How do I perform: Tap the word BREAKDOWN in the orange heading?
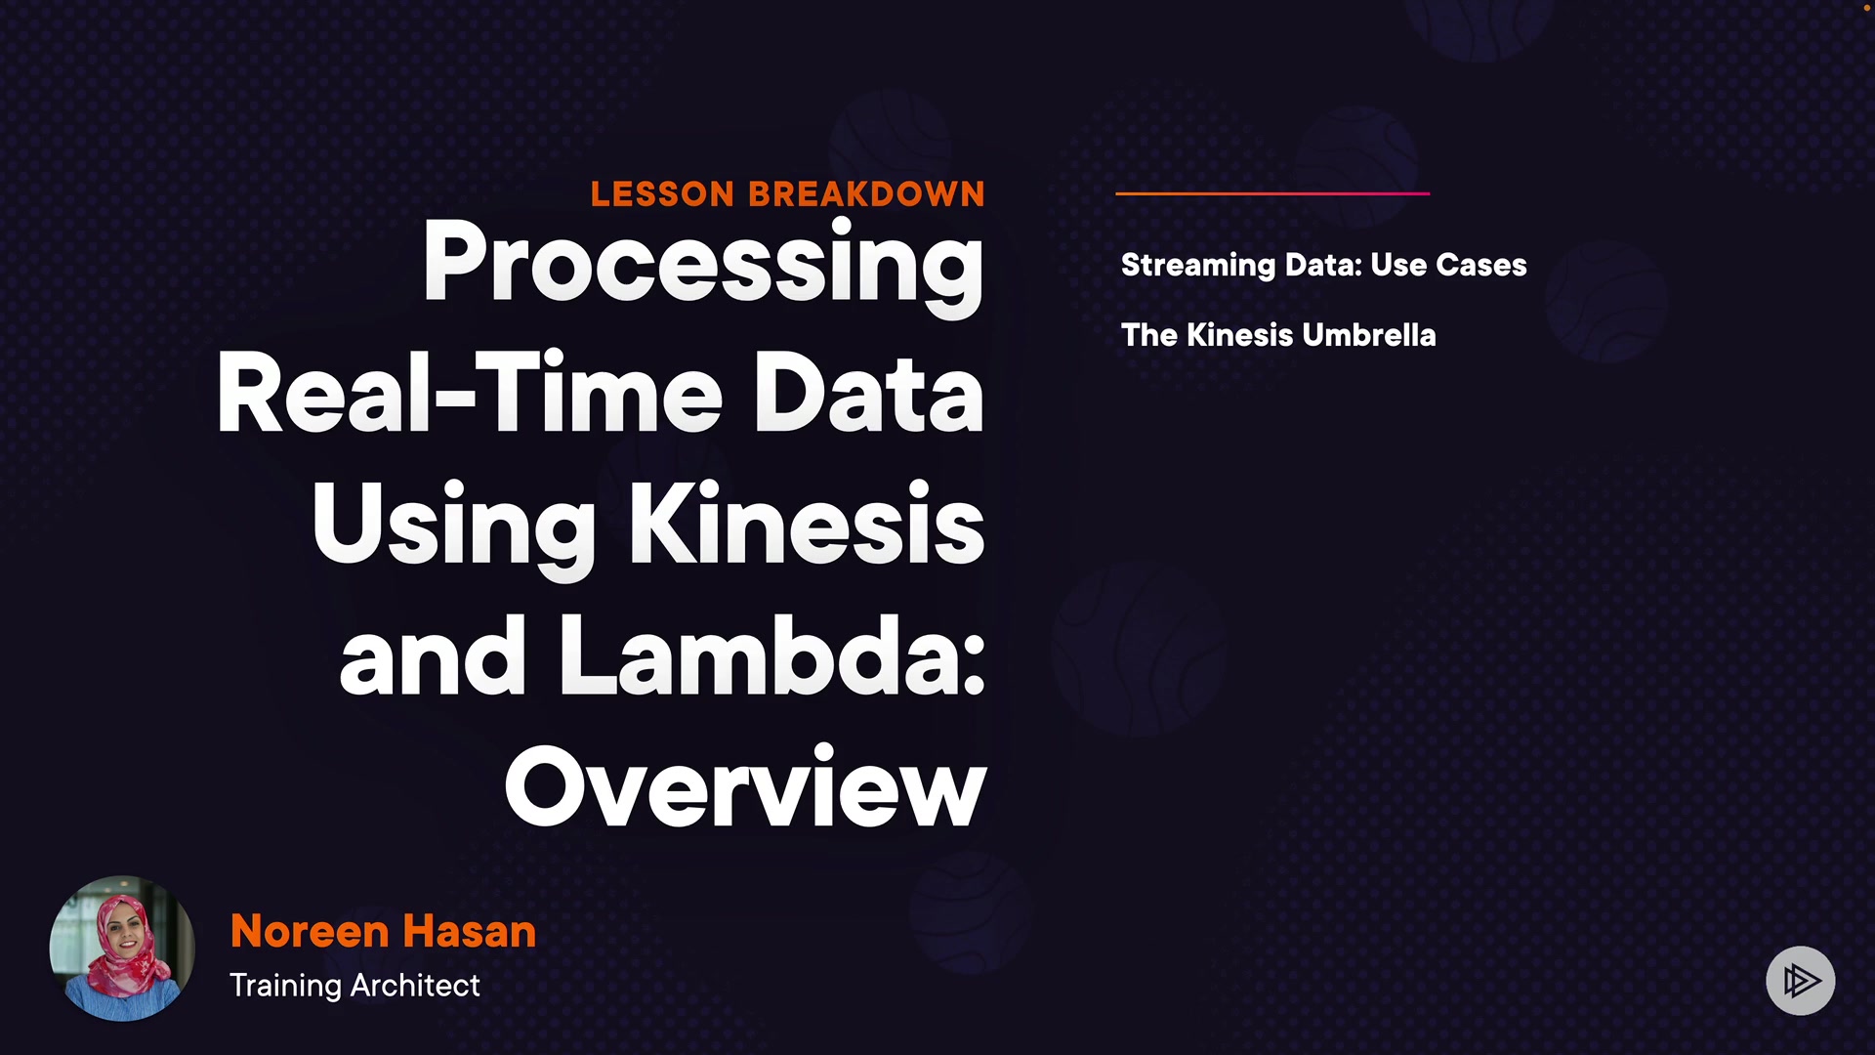click(x=866, y=193)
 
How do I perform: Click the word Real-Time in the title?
click(x=469, y=394)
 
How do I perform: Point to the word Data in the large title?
click(x=868, y=394)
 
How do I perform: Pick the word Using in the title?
click(x=453, y=527)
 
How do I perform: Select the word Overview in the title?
click(x=745, y=787)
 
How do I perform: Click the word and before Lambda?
click(x=433, y=656)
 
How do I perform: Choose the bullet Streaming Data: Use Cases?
click(x=1323, y=265)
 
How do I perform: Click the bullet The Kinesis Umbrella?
click(x=1278, y=335)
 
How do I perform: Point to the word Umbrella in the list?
click(x=1369, y=335)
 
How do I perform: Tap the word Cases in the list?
click(x=1480, y=265)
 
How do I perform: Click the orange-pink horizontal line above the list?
click(x=1272, y=193)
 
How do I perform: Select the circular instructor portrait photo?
click(x=122, y=948)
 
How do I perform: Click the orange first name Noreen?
click(x=310, y=931)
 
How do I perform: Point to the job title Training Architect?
click(x=354, y=986)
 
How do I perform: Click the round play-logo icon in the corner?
click(x=1800, y=980)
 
